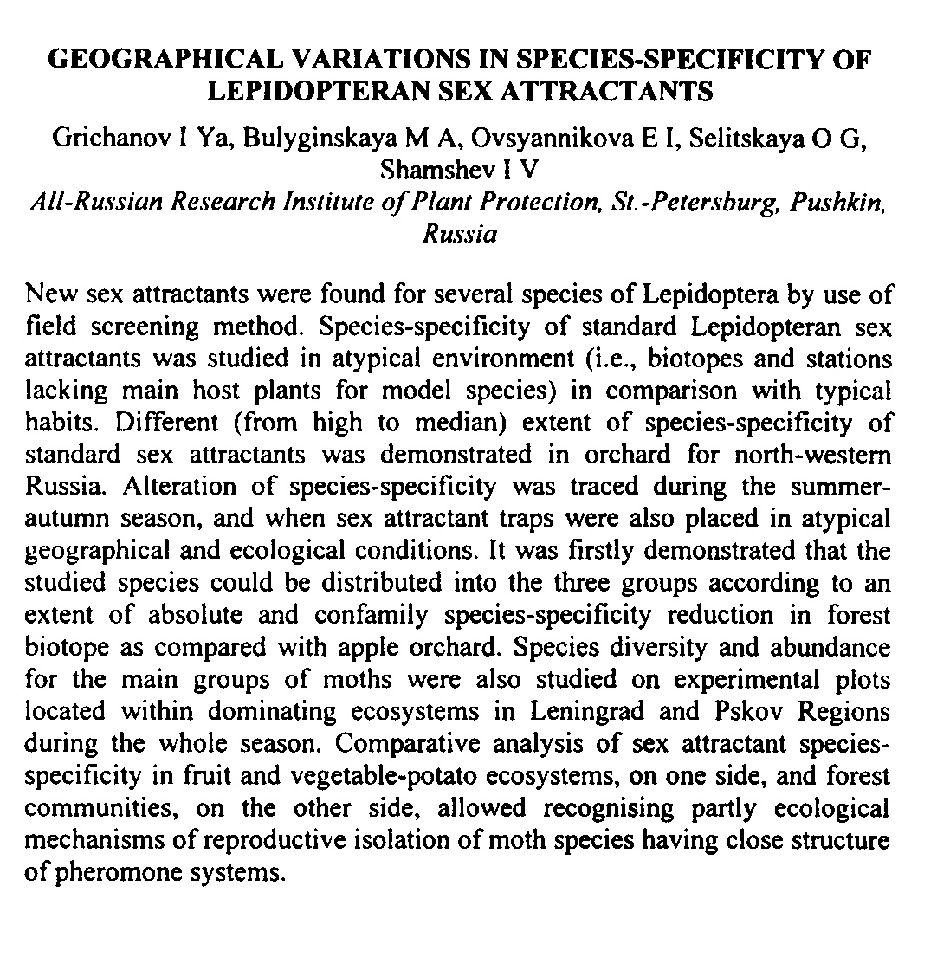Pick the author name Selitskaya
[x=746, y=138]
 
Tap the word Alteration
[x=182, y=486]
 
